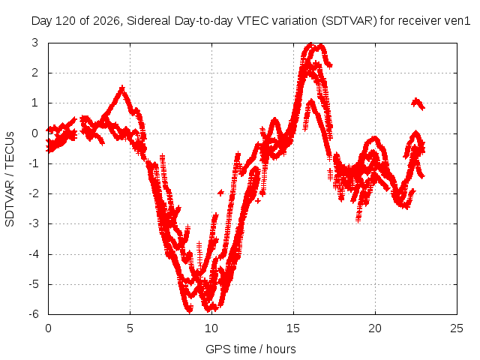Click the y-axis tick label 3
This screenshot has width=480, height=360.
coord(34,43)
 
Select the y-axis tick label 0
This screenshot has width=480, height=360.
coord(34,133)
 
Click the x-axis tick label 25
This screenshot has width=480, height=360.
coord(457,328)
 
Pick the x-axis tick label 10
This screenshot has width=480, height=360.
coord(211,328)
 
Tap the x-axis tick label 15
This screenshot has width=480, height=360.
coord(293,328)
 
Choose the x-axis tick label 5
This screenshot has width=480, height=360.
coord(130,328)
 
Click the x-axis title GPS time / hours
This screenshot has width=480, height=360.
coord(250,349)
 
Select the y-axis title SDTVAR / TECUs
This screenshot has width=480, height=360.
coord(10,179)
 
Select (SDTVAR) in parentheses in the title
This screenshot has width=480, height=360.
coord(349,21)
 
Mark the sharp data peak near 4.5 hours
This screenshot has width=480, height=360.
coord(122,88)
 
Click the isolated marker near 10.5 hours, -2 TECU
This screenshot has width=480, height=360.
coord(220,193)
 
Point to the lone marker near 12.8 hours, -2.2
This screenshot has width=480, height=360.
coord(258,201)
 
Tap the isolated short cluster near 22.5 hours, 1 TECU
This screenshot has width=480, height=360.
coord(418,103)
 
